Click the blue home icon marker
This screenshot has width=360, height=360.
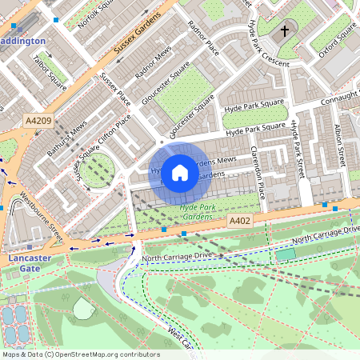point(180,172)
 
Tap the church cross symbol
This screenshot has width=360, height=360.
point(284,31)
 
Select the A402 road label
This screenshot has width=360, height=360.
point(239,220)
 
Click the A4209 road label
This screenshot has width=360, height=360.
point(38,121)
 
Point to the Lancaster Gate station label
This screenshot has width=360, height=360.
point(30,264)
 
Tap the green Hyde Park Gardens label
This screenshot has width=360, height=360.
point(196,212)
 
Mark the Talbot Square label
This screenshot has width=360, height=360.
point(50,70)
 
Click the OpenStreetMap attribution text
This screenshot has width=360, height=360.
point(80,354)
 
